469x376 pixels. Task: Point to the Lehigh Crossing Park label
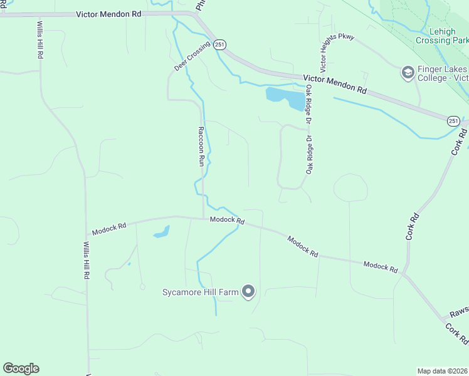click(x=441, y=36)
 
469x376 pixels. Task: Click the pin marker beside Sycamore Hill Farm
click(x=249, y=291)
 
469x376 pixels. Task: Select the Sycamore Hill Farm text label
click(x=201, y=292)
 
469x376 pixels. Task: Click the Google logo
click(x=21, y=368)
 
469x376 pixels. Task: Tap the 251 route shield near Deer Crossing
click(x=219, y=44)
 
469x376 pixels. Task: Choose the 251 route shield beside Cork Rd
click(x=453, y=120)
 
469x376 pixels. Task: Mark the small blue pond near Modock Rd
click(x=161, y=232)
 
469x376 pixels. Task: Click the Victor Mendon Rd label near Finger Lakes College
click(x=334, y=84)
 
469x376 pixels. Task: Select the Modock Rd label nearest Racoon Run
click(x=227, y=220)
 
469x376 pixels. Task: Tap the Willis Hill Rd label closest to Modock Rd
click(x=87, y=260)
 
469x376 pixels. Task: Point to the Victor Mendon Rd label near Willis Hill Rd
click(x=108, y=14)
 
